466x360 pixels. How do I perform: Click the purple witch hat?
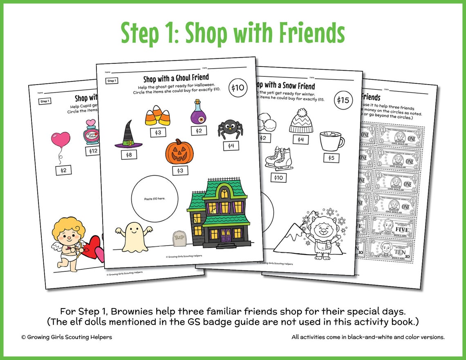[128, 135]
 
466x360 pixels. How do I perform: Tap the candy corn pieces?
[158, 116]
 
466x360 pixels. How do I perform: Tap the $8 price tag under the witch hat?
[129, 155]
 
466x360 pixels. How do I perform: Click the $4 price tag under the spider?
[231, 145]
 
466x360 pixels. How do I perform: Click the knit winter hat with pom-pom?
[301, 121]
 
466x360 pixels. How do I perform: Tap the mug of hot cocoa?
[331, 141]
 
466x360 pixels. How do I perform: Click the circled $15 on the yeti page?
[343, 101]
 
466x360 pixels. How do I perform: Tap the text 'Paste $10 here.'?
[155, 199]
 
